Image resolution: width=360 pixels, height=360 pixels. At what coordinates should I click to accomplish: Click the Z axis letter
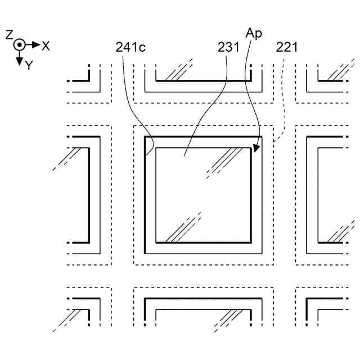[9, 35]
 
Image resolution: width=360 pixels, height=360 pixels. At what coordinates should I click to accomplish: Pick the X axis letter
[46, 46]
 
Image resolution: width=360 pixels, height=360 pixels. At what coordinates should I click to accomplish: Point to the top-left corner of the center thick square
[145, 137]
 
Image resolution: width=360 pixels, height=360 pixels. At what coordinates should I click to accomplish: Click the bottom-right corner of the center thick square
[262, 254]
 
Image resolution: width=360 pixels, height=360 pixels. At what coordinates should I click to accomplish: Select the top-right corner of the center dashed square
[273, 125]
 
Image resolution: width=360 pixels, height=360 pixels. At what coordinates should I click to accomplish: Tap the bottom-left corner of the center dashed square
[134, 265]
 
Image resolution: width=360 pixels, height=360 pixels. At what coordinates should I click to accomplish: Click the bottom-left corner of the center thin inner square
[156, 243]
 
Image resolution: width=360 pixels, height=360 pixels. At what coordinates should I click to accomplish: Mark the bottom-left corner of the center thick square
[145, 254]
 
